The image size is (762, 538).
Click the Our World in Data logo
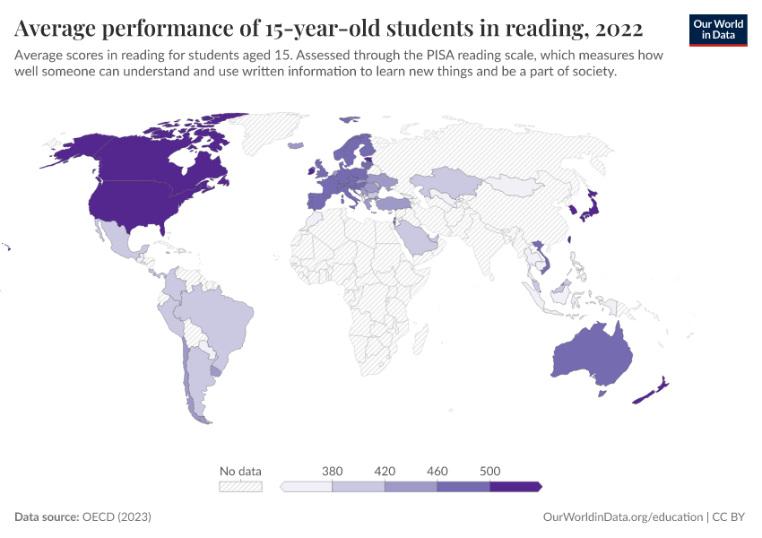tap(718, 30)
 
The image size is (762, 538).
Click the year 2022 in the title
tap(618, 29)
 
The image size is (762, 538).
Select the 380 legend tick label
tap(333, 471)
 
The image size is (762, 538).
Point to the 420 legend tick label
tap(385, 471)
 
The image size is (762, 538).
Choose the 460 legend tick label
tap(437, 471)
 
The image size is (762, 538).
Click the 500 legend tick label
tap(489, 471)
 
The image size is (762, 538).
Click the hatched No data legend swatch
tap(240, 486)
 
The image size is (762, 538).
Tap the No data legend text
tap(240, 471)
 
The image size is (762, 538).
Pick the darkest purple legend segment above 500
tap(515, 486)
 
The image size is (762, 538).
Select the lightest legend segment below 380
tap(307, 486)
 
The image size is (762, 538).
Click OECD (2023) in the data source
tap(116, 517)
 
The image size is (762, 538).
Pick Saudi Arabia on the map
tap(414, 238)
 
